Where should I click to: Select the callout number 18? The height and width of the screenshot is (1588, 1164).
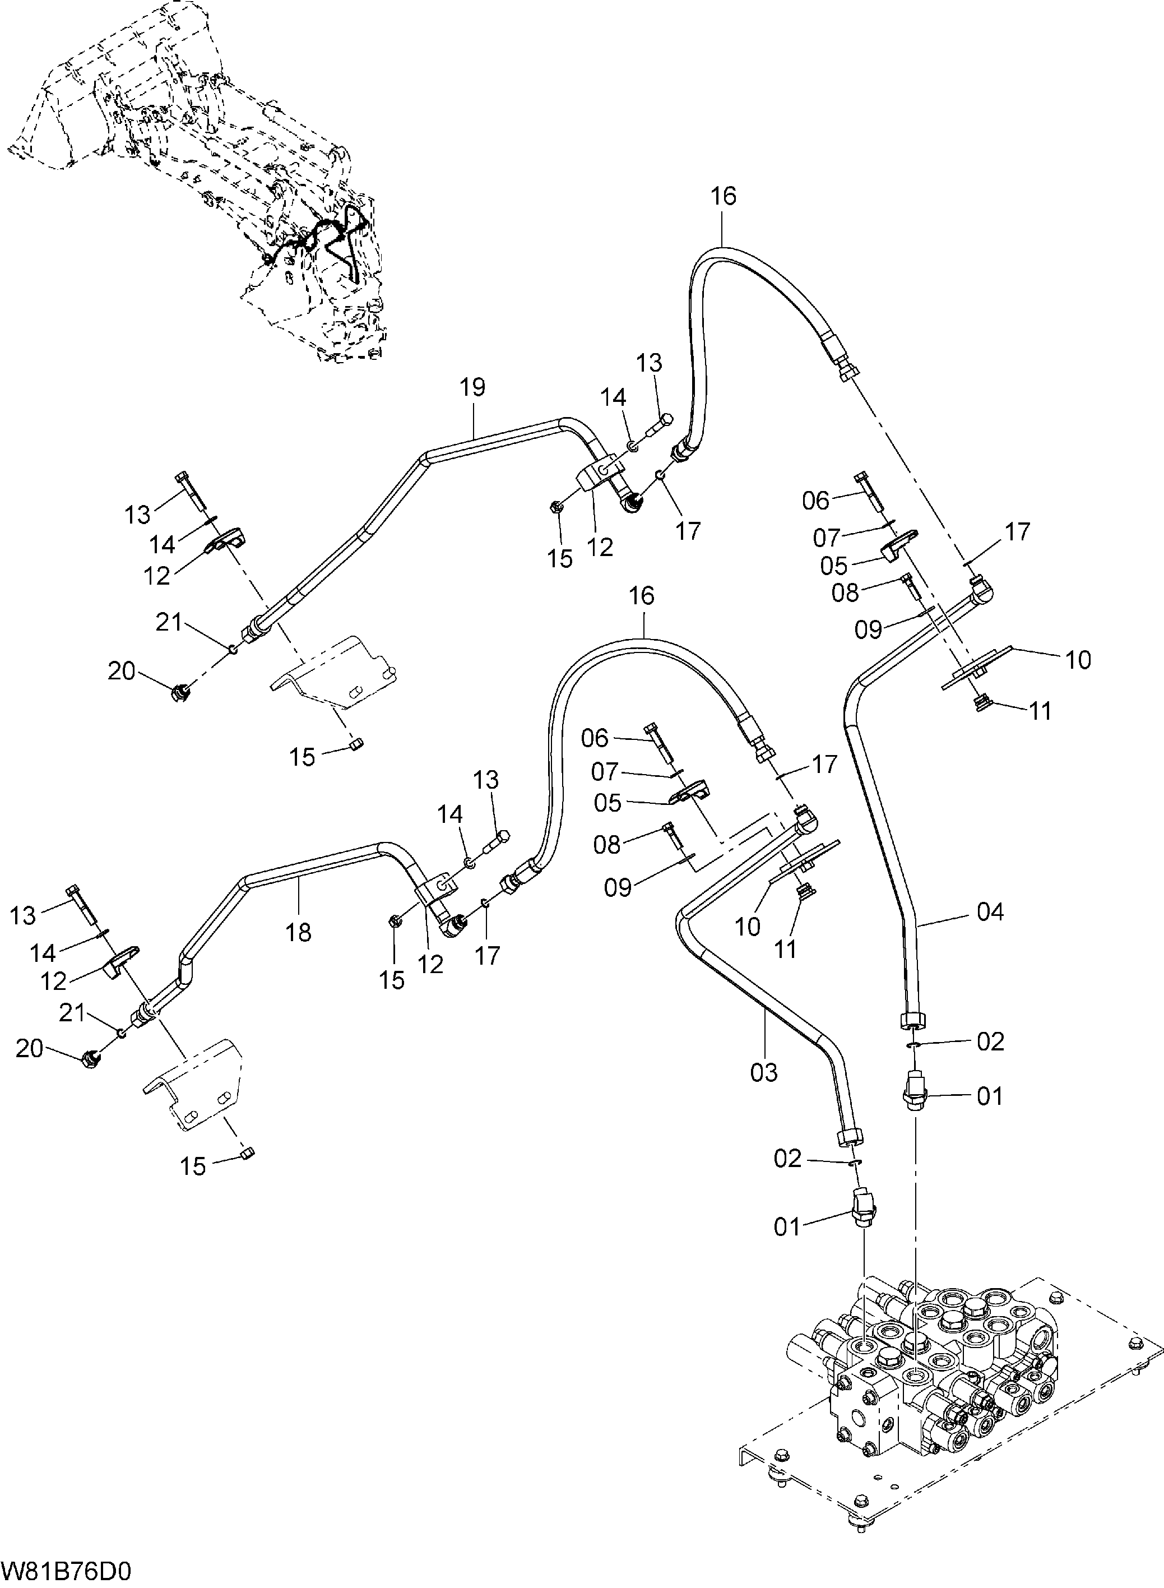(x=299, y=933)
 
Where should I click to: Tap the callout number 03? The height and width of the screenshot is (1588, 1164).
(x=764, y=1073)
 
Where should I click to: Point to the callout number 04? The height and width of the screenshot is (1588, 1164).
(x=990, y=913)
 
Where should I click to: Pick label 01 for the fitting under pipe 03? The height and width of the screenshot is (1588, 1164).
(x=788, y=1227)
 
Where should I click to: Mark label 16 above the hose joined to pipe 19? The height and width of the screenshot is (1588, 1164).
(x=723, y=196)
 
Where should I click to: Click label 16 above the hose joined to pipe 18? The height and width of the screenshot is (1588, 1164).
(x=641, y=596)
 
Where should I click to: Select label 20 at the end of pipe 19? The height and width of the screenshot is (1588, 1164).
(x=121, y=671)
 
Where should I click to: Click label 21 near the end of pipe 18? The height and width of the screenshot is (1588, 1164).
(x=72, y=1013)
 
